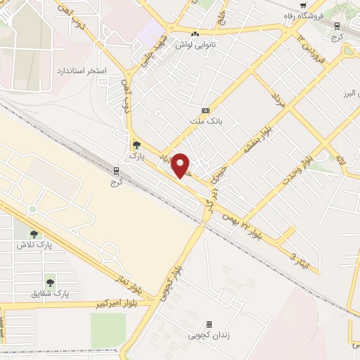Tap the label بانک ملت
pos(205,121)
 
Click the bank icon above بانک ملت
pos(205,110)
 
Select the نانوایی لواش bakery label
pos(195,44)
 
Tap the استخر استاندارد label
pos(82,71)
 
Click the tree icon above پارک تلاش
pos(34,234)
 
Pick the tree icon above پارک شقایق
pos(50,283)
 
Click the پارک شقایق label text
pos(51,294)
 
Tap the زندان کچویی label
pos(209,335)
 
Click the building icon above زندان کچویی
pos(209,324)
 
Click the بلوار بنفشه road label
pos(258,139)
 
